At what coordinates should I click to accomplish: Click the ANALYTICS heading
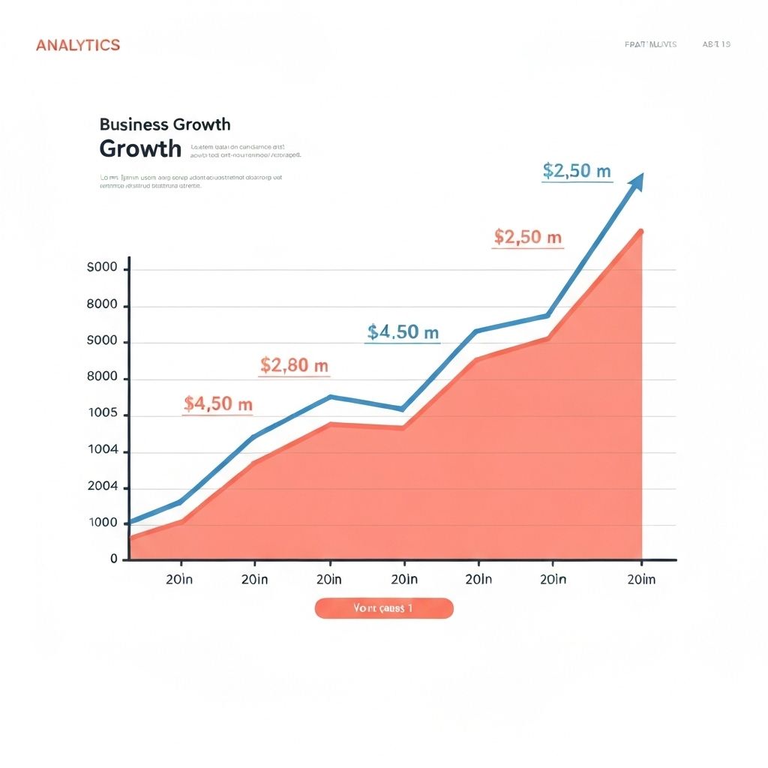(78, 45)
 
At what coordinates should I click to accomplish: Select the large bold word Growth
(140, 148)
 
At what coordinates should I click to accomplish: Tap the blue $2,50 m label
(577, 171)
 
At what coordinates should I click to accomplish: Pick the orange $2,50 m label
(527, 238)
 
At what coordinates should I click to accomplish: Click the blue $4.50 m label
(403, 332)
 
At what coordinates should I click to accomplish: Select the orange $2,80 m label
(294, 366)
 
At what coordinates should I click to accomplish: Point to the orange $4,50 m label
(218, 404)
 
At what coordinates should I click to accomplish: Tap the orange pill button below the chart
(384, 608)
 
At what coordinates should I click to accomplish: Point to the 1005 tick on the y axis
(103, 414)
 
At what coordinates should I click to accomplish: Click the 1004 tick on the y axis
(103, 451)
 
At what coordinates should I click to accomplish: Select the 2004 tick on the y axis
(103, 487)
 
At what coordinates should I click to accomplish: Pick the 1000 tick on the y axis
(103, 523)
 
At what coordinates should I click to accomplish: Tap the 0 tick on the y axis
(114, 559)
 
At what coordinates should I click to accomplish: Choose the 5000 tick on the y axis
(103, 341)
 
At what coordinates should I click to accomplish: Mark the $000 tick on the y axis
(103, 268)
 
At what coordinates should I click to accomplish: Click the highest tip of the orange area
(640, 231)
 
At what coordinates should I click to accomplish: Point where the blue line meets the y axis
(130, 522)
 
